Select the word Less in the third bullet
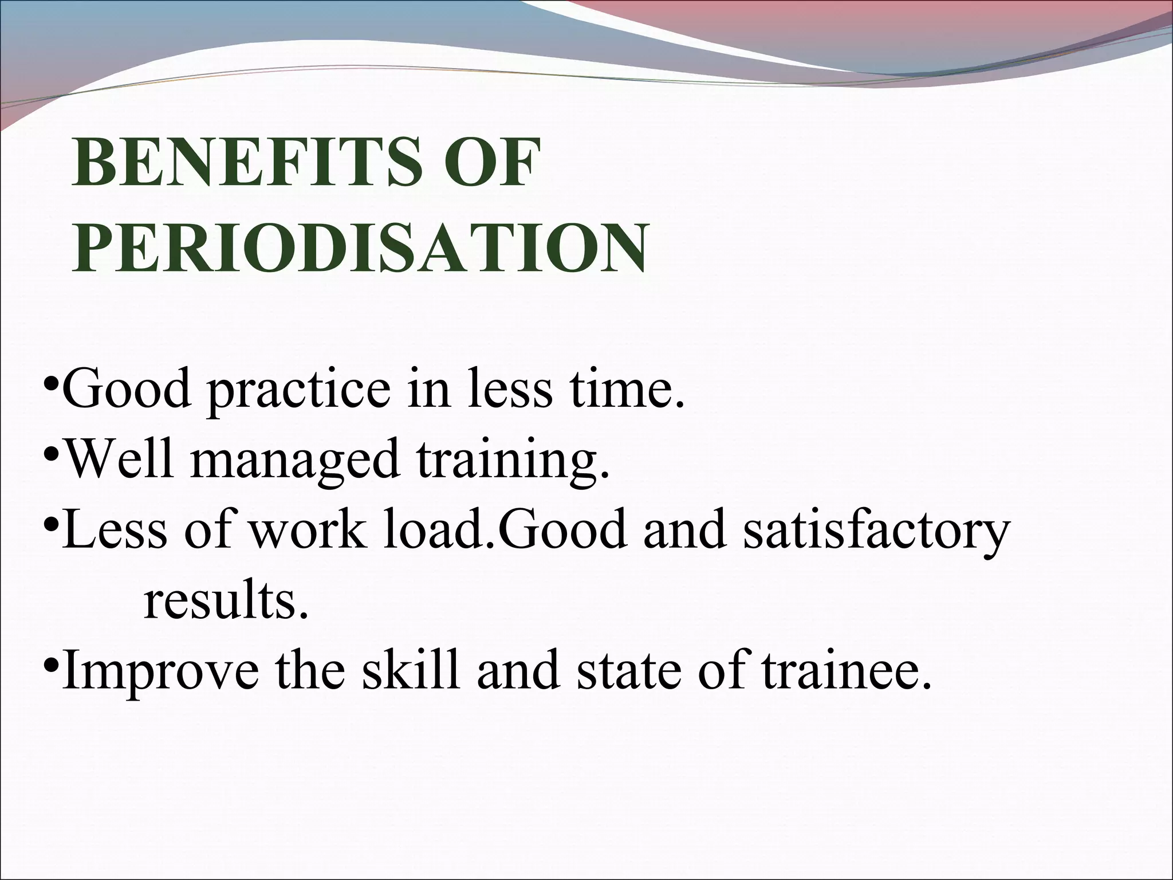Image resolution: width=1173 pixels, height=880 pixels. pos(115,529)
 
